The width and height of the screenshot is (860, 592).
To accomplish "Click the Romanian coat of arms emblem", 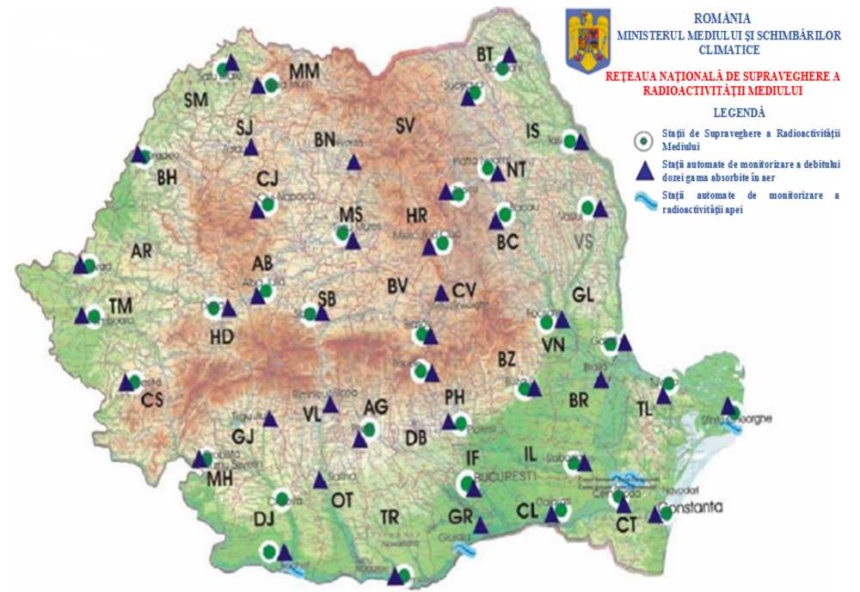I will (588, 40).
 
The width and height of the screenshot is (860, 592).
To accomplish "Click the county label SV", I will (405, 126).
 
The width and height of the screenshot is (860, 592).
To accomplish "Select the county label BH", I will (168, 179).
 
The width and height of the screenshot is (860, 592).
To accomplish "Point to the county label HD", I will (223, 338).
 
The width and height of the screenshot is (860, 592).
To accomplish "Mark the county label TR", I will (390, 516).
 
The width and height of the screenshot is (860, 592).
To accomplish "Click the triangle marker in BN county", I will (353, 162).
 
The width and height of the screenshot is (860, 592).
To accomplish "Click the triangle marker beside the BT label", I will (509, 55).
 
